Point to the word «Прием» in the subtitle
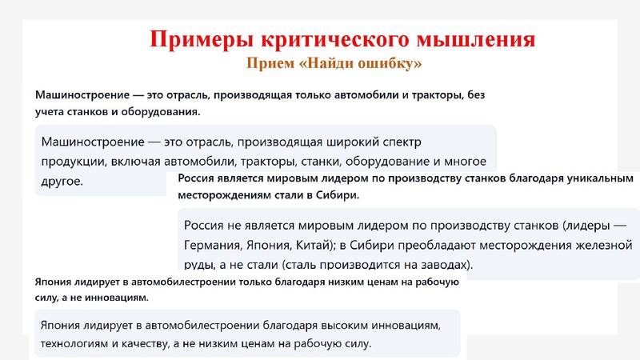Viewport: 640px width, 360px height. [x=270, y=62]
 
